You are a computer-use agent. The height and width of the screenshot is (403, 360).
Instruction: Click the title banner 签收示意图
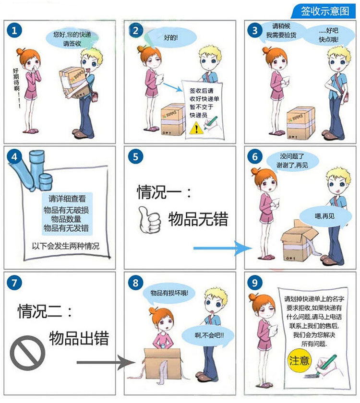click(x=324, y=12)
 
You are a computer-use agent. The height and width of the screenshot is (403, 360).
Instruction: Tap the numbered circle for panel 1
click(x=14, y=31)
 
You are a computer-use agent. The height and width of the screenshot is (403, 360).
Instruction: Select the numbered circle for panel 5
click(x=135, y=156)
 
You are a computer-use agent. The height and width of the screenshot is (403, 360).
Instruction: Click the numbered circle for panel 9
click(x=254, y=283)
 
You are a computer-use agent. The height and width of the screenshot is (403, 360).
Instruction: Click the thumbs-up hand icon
click(x=149, y=220)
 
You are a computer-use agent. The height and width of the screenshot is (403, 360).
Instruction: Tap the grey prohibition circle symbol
click(x=27, y=353)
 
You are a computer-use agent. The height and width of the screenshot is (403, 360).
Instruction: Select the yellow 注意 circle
click(x=299, y=360)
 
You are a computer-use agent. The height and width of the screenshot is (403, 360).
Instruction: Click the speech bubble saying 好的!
click(x=170, y=37)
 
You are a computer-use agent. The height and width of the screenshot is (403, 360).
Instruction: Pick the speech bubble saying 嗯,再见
click(x=325, y=216)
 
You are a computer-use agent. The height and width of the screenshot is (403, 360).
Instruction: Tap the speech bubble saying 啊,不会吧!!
click(x=208, y=335)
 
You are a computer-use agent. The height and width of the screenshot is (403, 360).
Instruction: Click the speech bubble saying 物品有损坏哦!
click(x=169, y=293)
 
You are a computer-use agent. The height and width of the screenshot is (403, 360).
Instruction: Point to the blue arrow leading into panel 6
click(x=223, y=249)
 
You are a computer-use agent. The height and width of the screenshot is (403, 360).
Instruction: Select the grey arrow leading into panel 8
click(x=106, y=362)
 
